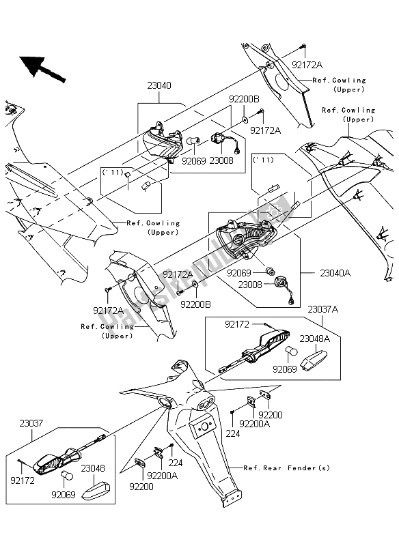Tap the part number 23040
coord(159,87)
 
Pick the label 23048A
coord(316,336)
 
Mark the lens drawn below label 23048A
coord(325,357)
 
